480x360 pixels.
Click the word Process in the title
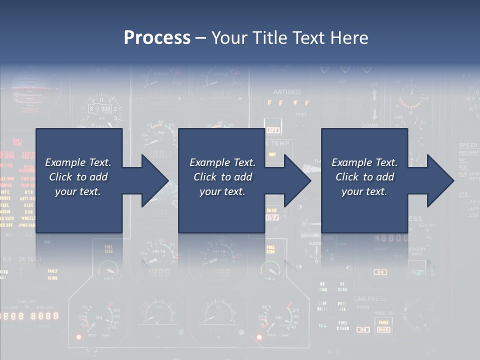point(157,38)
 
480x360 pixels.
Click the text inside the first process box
point(78,177)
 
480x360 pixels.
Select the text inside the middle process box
point(222,177)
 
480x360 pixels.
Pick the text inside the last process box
point(364,177)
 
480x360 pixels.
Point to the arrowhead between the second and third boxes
point(297,180)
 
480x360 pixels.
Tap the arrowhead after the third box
point(440,180)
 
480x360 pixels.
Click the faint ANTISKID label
point(287,92)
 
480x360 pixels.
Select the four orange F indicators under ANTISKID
point(288,103)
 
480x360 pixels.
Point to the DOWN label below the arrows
point(370,125)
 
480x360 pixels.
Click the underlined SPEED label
point(468,145)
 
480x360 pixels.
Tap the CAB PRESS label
point(370,299)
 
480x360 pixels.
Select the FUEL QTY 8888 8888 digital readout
point(30,316)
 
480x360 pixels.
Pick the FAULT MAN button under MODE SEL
point(383,326)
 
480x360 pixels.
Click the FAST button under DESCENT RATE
point(416,272)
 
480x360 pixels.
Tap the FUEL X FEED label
point(342,325)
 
